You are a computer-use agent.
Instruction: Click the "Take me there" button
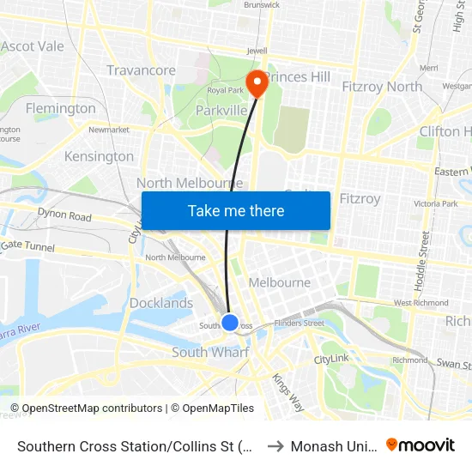(236, 210)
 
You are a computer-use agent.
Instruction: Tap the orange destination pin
(257, 83)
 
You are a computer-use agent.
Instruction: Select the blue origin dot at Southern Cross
(230, 323)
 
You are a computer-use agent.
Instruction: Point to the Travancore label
(141, 70)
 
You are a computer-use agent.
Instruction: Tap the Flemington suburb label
(61, 108)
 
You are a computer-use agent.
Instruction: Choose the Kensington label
(100, 156)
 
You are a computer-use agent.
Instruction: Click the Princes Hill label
(297, 77)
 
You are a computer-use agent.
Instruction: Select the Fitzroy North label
(382, 86)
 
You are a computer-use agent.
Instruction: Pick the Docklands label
(161, 303)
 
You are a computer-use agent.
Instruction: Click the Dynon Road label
(64, 216)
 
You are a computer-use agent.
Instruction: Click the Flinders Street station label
(300, 324)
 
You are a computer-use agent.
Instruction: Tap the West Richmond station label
(421, 303)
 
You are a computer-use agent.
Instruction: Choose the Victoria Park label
(435, 204)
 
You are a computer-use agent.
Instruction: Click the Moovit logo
(421, 445)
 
